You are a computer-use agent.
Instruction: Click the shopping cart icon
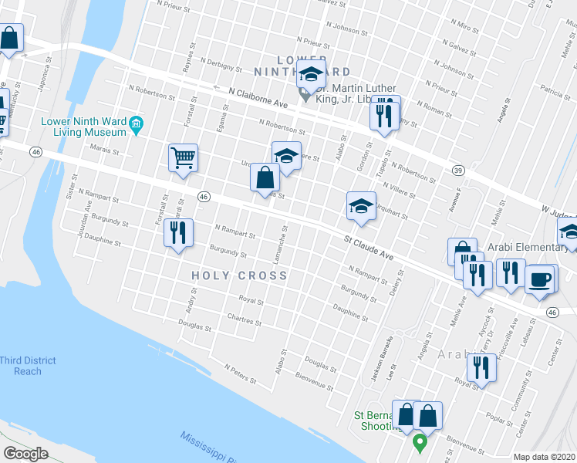(x=184, y=158)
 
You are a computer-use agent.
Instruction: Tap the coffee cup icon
(x=540, y=278)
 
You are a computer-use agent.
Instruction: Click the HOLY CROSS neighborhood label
(x=239, y=275)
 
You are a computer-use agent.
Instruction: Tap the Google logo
(x=26, y=454)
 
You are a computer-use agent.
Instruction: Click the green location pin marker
(x=420, y=444)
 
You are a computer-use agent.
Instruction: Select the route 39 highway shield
(x=458, y=171)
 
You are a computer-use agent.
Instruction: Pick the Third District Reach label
(x=28, y=366)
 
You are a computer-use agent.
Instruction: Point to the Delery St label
(x=396, y=286)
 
